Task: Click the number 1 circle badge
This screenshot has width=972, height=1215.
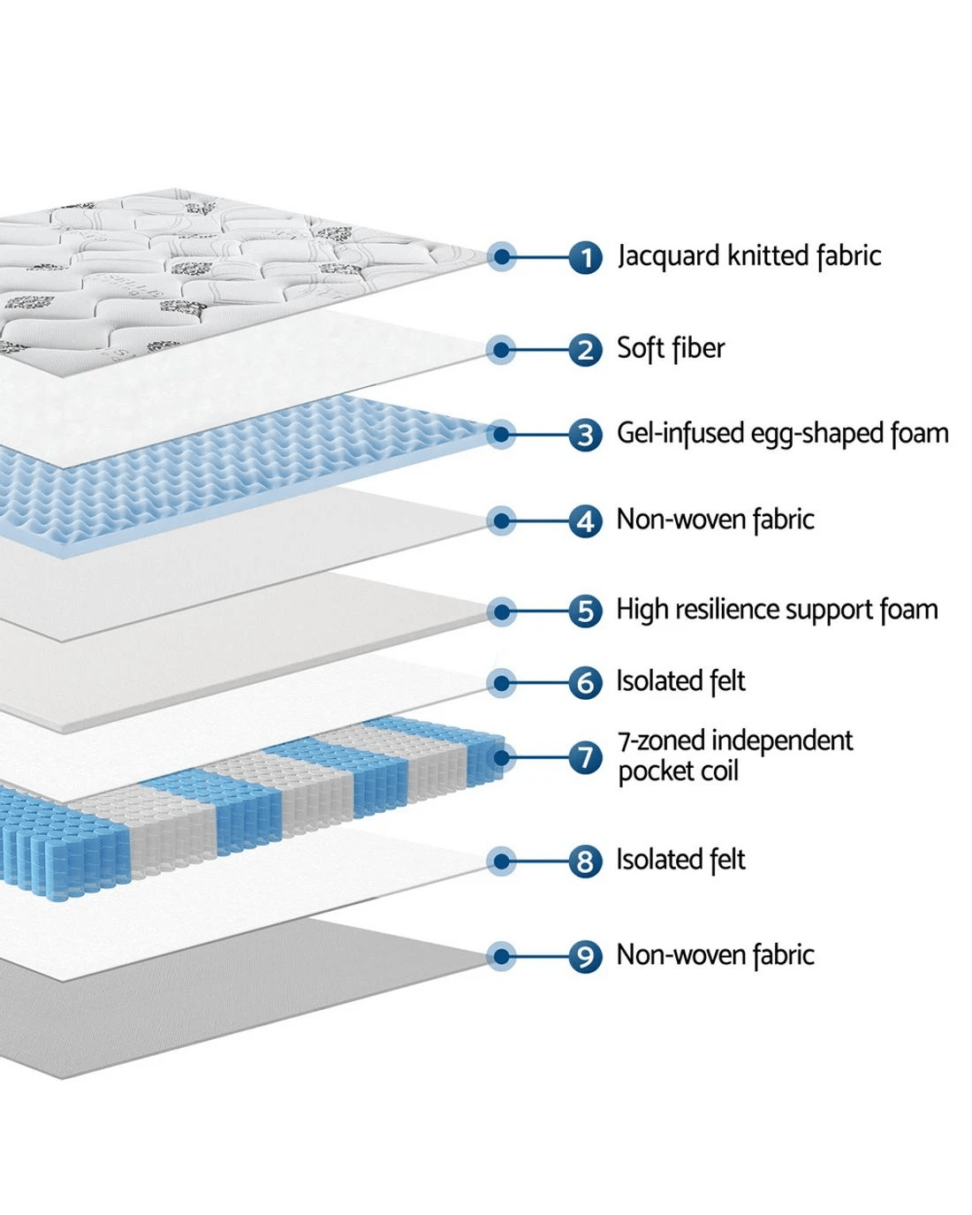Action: point(585,258)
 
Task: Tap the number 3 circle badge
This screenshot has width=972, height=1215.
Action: point(585,435)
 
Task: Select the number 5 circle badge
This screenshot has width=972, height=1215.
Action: point(585,611)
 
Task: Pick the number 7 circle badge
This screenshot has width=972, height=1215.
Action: point(585,757)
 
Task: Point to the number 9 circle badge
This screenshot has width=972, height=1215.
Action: point(585,956)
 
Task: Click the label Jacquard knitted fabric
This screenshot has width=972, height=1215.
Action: point(749,256)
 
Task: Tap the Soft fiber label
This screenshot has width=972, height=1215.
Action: point(671,348)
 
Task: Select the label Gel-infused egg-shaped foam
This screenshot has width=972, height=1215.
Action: point(782,434)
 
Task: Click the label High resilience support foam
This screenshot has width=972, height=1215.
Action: point(777,610)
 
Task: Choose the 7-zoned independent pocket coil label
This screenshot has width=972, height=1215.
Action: point(735,756)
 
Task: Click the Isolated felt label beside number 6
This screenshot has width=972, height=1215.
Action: point(680,681)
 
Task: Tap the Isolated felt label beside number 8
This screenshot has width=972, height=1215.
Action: point(680,860)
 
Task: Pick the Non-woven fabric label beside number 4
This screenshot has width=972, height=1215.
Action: point(715,520)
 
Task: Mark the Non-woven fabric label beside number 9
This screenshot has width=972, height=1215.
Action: point(715,955)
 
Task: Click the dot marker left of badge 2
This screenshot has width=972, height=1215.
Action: point(502,350)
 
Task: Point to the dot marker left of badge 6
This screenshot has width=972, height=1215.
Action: point(502,683)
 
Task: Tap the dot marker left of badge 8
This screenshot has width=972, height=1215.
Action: point(502,862)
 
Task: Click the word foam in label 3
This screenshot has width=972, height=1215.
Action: point(919,434)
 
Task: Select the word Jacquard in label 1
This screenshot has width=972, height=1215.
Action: point(669,256)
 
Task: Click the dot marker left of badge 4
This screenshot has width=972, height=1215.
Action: point(502,521)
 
